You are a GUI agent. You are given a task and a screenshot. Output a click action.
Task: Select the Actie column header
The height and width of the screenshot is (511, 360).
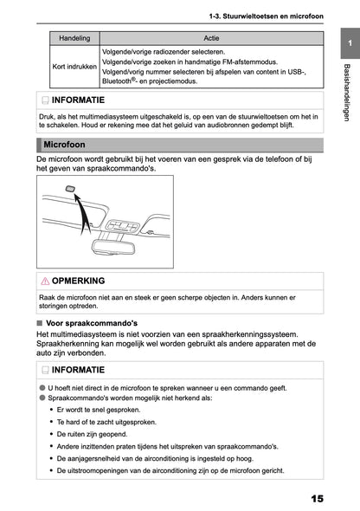(211, 39)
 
